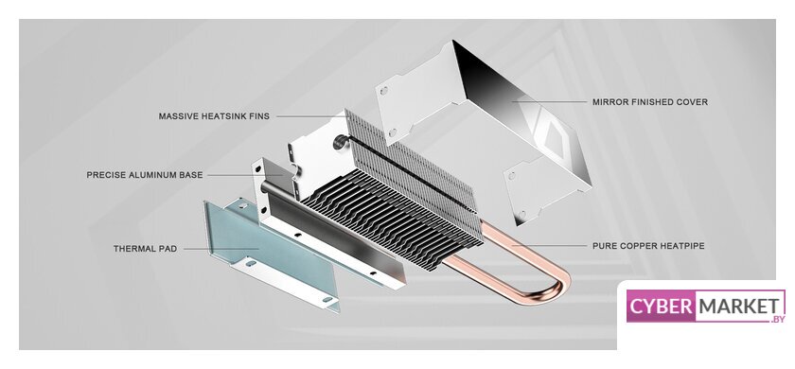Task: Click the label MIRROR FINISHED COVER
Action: [x=650, y=102]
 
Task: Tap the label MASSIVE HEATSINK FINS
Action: [x=214, y=116]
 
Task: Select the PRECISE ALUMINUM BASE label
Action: [x=145, y=175]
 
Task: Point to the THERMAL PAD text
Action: [x=145, y=249]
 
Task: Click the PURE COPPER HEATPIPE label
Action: [x=648, y=246]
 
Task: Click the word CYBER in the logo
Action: [x=661, y=307]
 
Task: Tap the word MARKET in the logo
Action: [x=737, y=307]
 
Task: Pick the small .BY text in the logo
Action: [x=777, y=319]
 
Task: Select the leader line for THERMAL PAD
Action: [x=221, y=249]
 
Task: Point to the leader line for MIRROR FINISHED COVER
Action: [x=549, y=101]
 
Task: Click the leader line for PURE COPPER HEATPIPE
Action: [x=549, y=246]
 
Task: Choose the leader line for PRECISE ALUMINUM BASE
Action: [x=245, y=175]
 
